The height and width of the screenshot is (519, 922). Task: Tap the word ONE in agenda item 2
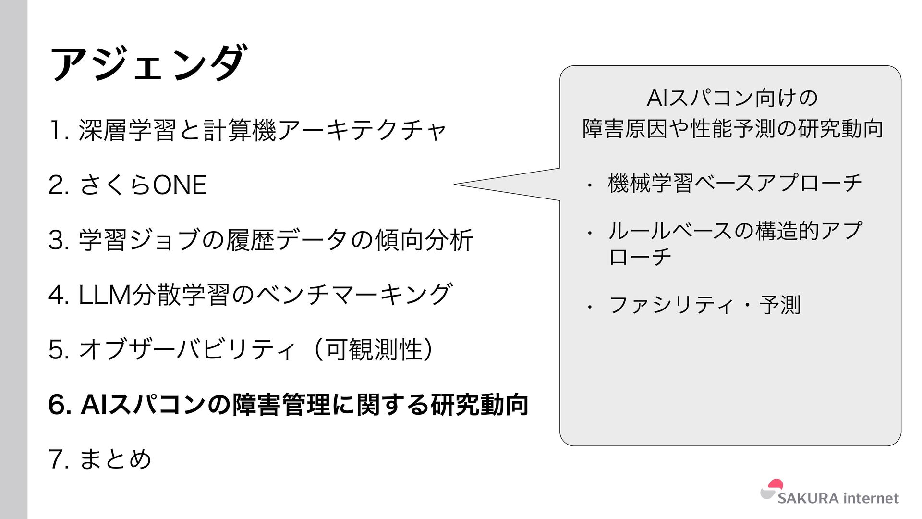point(180,185)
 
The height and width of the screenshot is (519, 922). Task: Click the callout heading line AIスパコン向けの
point(732,98)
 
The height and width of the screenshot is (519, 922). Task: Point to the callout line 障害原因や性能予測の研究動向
point(732,129)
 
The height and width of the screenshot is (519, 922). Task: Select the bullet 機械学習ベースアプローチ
point(735,183)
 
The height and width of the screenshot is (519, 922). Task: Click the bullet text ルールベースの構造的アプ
point(735,231)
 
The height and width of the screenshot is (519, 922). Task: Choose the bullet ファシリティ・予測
point(704,305)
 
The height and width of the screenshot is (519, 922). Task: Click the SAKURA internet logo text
point(838,498)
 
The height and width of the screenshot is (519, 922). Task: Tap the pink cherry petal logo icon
point(775,484)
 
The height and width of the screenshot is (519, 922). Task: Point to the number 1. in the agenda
point(59,130)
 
